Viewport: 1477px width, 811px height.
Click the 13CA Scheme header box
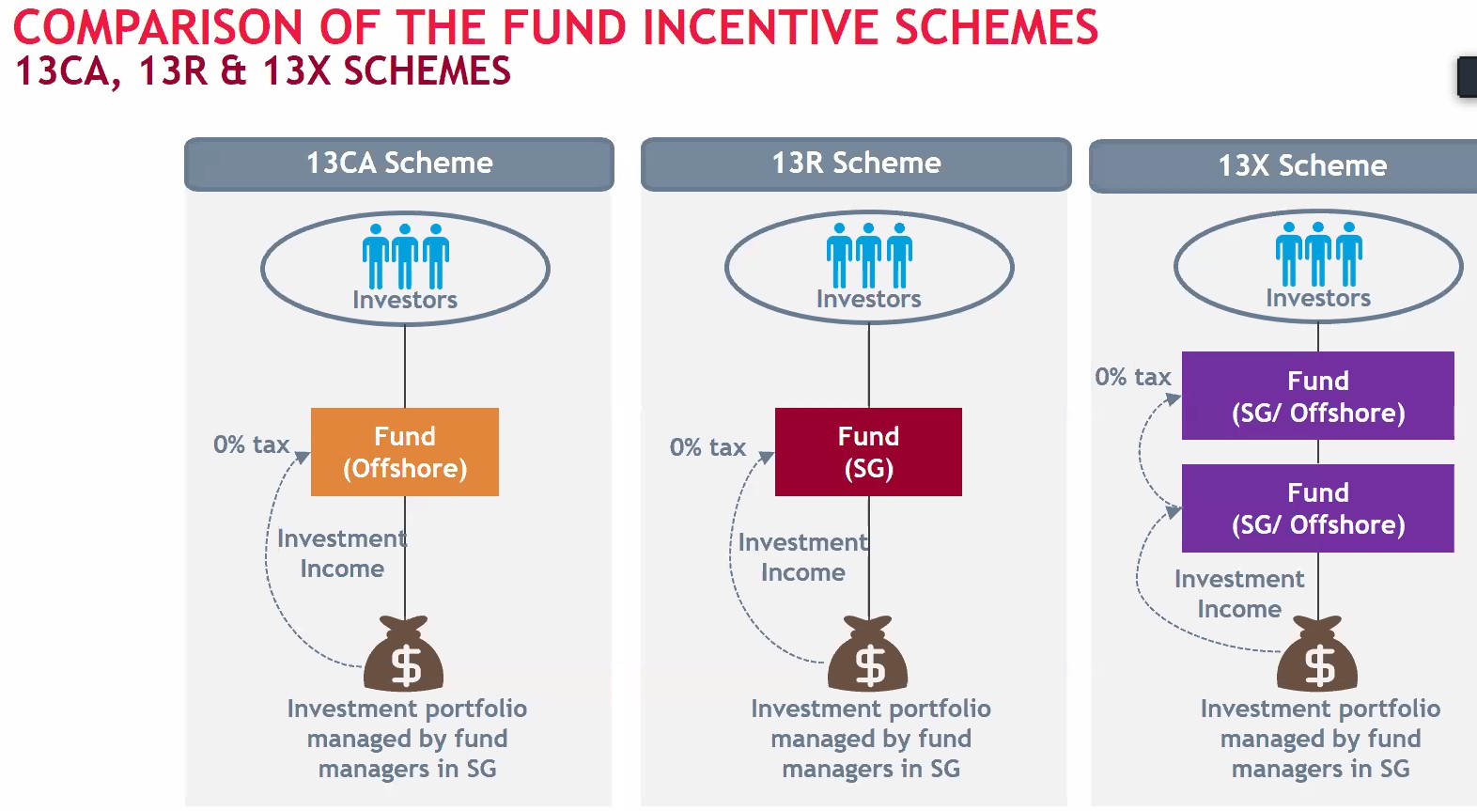tap(399, 164)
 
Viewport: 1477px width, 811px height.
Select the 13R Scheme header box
tap(856, 164)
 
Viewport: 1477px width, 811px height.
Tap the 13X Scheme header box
tap(1283, 166)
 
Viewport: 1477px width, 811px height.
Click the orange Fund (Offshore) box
tap(405, 452)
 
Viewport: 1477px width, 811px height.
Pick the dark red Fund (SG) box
tap(868, 452)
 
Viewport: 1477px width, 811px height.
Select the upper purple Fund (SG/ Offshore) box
tap(1318, 396)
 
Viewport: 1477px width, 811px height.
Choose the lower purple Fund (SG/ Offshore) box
tap(1318, 508)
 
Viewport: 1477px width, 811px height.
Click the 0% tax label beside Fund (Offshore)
tap(251, 444)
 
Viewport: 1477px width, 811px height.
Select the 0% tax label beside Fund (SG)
tap(707, 447)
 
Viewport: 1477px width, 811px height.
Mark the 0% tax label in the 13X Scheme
tap(1133, 377)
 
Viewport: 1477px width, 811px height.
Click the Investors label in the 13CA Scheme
tap(405, 300)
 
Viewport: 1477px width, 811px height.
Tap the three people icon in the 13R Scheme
tap(869, 256)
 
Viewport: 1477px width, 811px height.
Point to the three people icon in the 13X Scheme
tap(1319, 254)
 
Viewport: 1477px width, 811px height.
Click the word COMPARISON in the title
tap(158, 27)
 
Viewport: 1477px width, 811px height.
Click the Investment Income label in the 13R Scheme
tap(803, 557)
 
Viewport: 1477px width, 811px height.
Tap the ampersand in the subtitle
tap(233, 70)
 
